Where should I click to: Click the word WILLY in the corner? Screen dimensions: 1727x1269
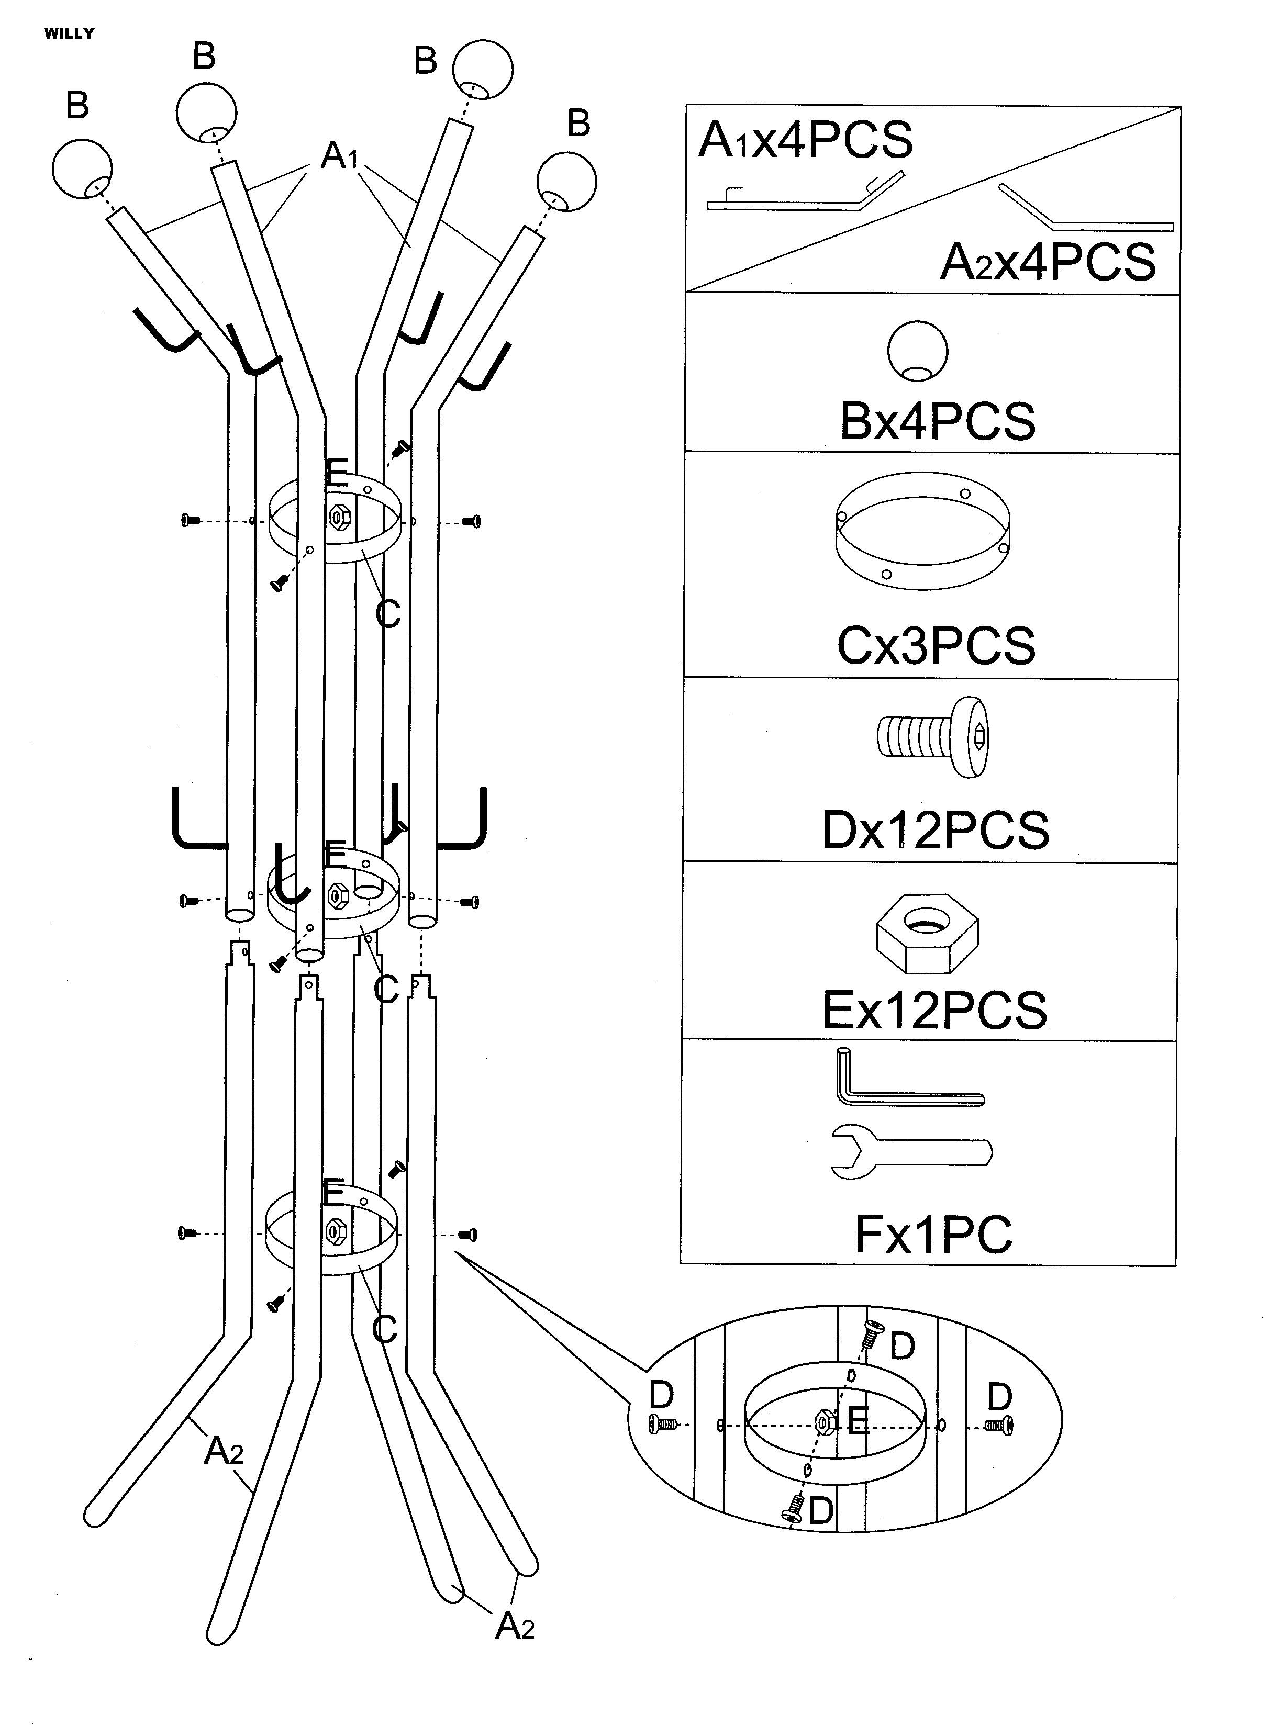click(69, 34)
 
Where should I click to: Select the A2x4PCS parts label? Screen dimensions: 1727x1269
click(1048, 262)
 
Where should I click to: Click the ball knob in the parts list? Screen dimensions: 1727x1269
click(917, 352)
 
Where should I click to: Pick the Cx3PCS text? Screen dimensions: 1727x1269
click(936, 646)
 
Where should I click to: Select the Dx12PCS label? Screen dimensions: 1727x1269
click(935, 830)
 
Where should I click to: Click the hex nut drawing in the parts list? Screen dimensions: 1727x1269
click(927, 934)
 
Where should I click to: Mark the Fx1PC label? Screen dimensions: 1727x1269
click(933, 1234)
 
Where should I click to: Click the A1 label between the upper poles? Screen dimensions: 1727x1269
click(340, 156)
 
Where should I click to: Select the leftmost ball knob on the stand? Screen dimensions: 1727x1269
click(82, 169)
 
